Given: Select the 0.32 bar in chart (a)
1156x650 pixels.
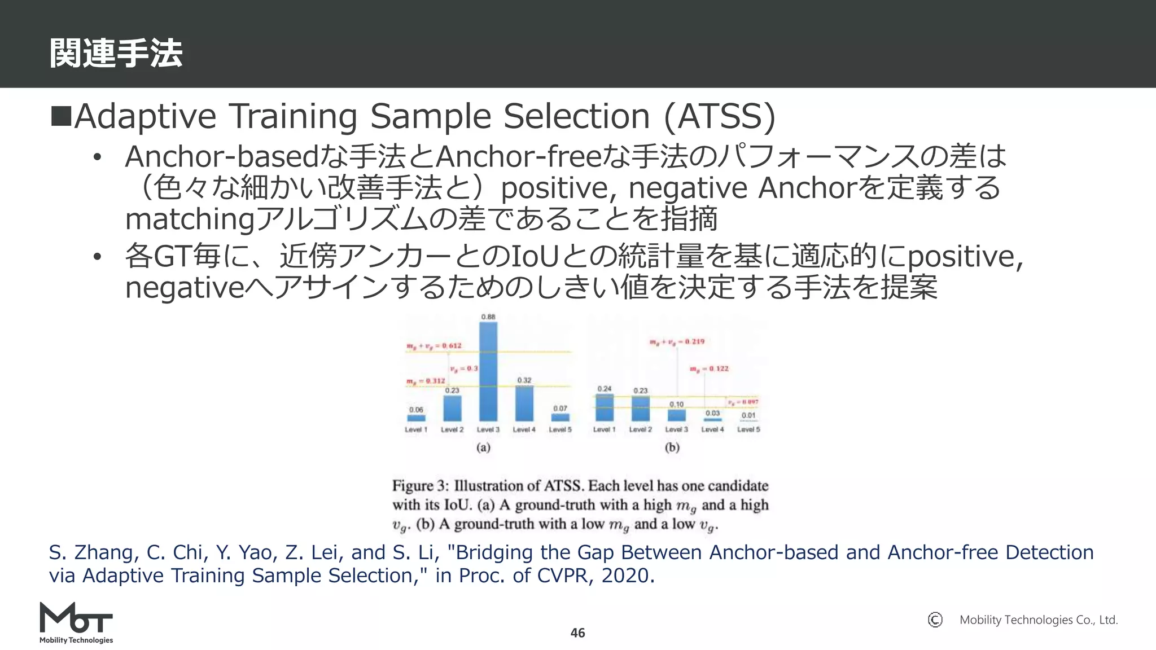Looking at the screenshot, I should pos(524,403).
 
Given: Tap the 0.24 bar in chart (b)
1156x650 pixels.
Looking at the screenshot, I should pos(605,407).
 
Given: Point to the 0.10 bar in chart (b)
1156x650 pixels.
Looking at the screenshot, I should pos(676,415).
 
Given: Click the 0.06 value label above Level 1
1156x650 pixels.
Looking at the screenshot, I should pos(416,410).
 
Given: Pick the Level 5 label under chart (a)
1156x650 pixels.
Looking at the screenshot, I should pos(560,430).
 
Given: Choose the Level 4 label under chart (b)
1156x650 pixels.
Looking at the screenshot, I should pos(712,430).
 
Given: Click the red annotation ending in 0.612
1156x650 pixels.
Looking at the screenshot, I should pos(433,345).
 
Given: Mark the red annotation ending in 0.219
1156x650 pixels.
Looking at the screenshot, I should pos(677,341).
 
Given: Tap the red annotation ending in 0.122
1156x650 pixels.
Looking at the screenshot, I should pos(709,368).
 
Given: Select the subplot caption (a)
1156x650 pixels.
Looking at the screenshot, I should pos(483,447).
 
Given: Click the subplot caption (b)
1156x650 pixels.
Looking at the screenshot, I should pos(672,447).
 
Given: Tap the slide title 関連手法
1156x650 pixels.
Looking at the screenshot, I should pos(116,54).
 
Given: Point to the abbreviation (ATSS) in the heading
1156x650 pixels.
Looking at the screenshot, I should pos(720,117).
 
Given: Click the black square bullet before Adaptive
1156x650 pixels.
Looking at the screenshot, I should pos(60,115).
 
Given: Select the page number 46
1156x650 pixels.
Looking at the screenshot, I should pos(577,633).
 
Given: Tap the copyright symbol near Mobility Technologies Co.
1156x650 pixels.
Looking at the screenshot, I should pos(935,620).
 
